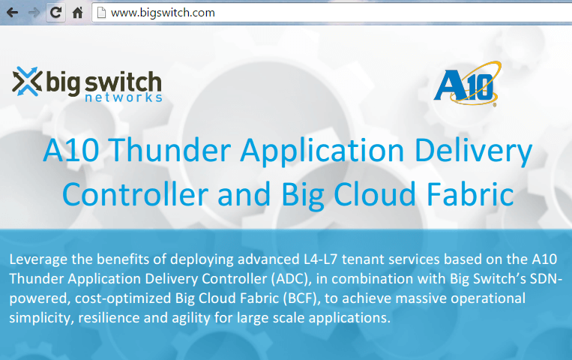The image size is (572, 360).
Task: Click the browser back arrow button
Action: coord(12,13)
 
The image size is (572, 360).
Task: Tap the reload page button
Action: coord(55,13)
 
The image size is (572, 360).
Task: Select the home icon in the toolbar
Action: coord(77,13)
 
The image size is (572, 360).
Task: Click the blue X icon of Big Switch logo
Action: coord(26,82)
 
